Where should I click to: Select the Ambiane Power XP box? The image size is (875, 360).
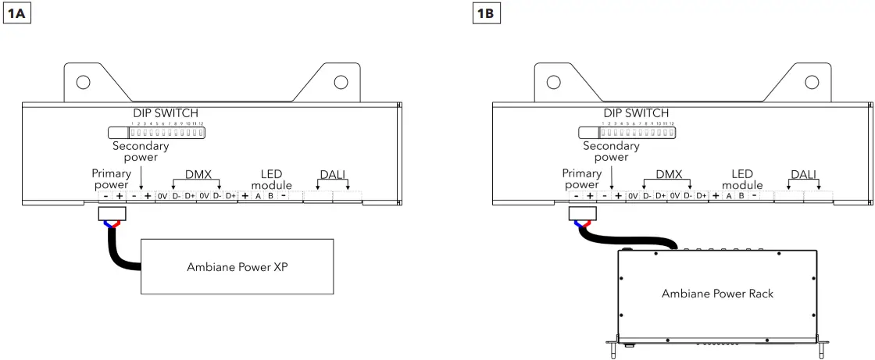(x=237, y=266)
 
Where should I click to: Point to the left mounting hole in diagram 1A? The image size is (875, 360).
(x=83, y=82)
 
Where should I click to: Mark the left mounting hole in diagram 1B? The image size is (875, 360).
(x=553, y=82)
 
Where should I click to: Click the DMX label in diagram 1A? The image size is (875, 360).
(x=198, y=175)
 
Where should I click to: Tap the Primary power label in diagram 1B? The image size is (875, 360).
(x=581, y=180)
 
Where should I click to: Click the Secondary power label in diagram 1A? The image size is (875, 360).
(x=141, y=151)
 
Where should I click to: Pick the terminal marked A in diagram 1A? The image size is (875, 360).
(x=258, y=196)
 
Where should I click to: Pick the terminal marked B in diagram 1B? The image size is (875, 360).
(x=741, y=196)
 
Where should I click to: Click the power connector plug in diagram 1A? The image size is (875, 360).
(x=111, y=214)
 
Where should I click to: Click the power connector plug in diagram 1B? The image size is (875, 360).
(x=581, y=214)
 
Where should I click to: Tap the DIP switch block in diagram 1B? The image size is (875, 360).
(x=636, y=133)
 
